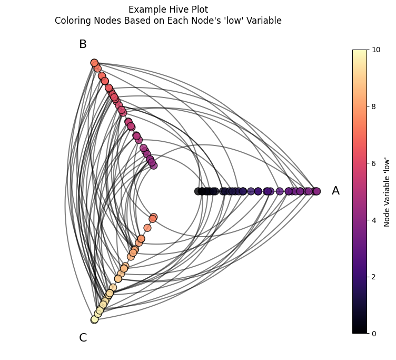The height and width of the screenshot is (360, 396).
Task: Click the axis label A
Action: click(x=335, y=191)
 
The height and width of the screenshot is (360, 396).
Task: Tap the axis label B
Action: click(x=83, y=44)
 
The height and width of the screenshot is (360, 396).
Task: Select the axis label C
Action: click(x=83, y=337)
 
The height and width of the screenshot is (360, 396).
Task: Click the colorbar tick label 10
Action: click(x=376, y=50)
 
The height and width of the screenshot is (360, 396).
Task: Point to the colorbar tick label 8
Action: click(x=374, y=106)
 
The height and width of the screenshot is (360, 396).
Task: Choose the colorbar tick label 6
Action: click(x=374, y=163)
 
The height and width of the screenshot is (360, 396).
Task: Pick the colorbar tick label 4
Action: click(x=374, y=220)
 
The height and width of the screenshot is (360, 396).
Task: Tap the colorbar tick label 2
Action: click(x=374, y=277)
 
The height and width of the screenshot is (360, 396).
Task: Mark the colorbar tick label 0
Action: click(x=374, y=334)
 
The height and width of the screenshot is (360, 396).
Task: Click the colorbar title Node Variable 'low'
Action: click(x=387, y=192)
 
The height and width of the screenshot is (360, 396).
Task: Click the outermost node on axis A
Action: click(x=316, y=191)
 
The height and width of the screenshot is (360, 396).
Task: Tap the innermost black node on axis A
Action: click(x=198, y=191)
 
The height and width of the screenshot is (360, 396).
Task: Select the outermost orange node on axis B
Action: click(x=94, y=63)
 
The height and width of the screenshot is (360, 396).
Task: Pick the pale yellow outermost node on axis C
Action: click(x=94, y=319)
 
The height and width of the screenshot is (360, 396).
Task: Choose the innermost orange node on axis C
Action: click(x=154, y=217)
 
